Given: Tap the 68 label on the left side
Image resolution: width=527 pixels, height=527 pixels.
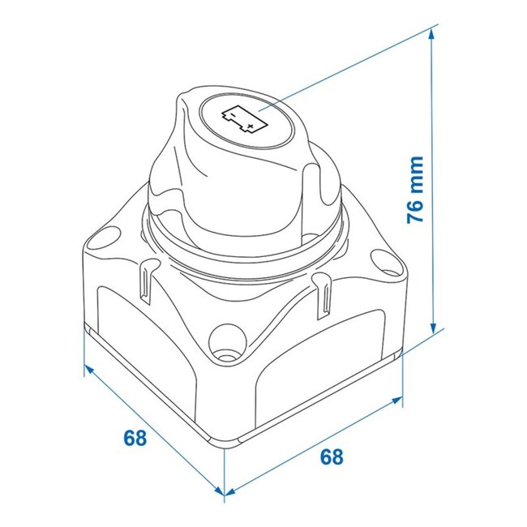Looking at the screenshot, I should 135,439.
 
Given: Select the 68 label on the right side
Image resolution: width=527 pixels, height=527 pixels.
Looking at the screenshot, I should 331,456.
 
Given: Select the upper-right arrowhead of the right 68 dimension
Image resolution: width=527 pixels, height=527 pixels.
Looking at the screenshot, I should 397,401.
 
